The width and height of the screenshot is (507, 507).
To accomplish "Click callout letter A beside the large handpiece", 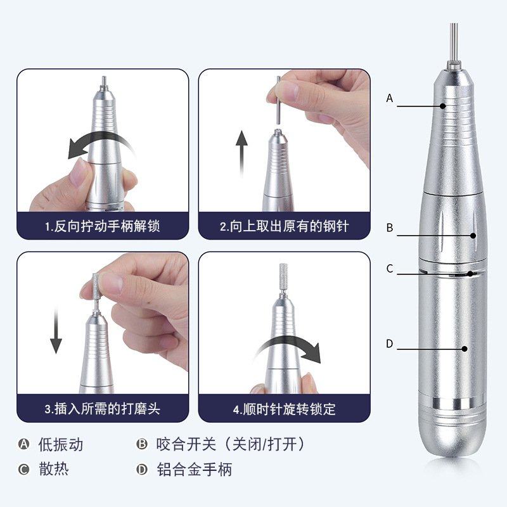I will pos(390,98).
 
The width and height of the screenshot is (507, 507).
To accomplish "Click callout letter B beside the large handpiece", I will pos(390,228).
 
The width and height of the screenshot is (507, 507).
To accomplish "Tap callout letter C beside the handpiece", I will pos(390,269).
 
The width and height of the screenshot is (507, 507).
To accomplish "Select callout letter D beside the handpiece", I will pos(390,344).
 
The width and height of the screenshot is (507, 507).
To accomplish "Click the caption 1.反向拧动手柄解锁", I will pos(102,226).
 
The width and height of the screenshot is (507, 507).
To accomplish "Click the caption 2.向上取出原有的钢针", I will pos(285,226).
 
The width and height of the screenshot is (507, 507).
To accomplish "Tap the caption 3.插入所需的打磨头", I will pos(102,409).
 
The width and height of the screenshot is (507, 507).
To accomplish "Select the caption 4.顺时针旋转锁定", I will pos(285,409).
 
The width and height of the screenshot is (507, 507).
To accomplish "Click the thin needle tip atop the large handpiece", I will pos(452,41).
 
